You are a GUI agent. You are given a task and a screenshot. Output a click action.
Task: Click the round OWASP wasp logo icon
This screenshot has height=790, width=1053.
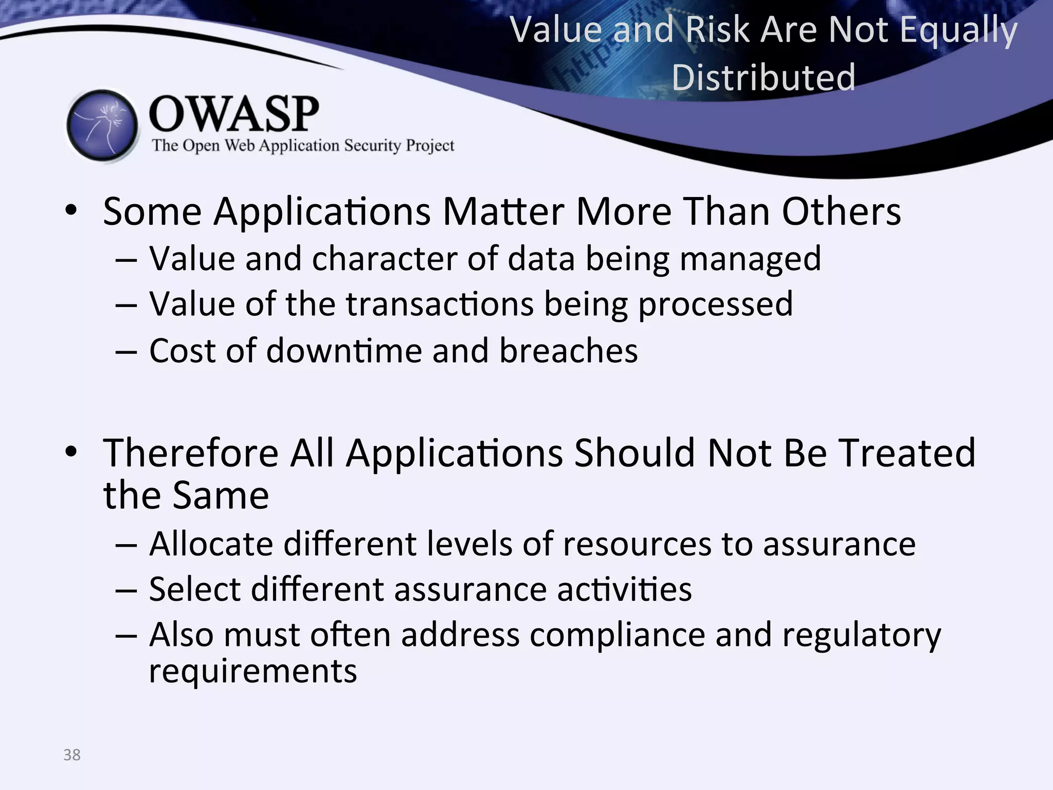point(102,125)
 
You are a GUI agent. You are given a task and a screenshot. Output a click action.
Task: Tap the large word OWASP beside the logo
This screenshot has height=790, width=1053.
point(234,114)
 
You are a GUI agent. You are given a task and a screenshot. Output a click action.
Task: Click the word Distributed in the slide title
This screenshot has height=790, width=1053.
point(764,78)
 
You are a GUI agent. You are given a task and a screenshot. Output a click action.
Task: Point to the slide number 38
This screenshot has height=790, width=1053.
point(72,755)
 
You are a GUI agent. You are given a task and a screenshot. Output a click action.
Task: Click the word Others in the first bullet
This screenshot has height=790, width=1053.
point(841,211)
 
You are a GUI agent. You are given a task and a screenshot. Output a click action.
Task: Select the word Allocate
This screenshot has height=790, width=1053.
point(211,544)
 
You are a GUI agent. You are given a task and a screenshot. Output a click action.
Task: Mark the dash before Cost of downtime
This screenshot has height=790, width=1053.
point(126,352)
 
